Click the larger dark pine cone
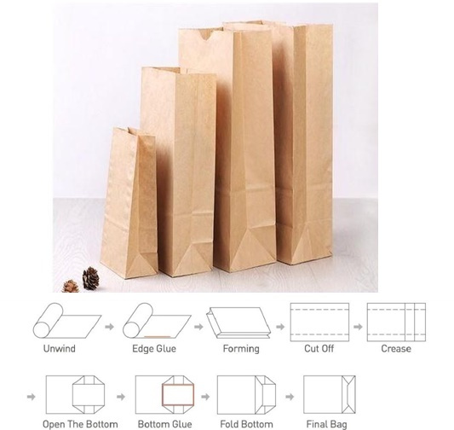[91, 278]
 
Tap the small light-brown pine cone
[71, 286]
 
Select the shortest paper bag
[129, 203]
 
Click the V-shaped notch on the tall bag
[206, 34]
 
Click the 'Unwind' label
[60, 348]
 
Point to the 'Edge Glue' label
[154, 348]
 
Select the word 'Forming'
[241, 349]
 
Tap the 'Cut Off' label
[319, 348]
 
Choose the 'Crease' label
[396, 348]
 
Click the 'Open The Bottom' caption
[80, 424]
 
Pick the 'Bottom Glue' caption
[164, 424]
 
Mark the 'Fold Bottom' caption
[246, 424]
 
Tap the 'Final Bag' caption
[326, 424]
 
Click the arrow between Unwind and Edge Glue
[109, 327]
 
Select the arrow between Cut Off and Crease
[358, 327]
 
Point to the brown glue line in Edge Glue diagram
[158, 337]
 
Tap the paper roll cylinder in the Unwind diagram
[48, 321]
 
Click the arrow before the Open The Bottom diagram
[32, 397]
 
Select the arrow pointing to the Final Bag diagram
[290, 397]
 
